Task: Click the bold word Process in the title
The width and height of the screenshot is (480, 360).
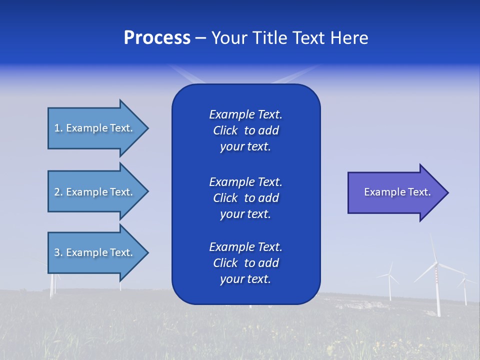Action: (x=157, y=38)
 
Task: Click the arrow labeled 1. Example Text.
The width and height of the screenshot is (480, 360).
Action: (x=95, y=128)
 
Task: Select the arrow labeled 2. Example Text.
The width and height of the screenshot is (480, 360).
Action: (x=95, y=192)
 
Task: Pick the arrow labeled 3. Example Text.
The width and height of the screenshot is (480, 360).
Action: (x=95, y=252)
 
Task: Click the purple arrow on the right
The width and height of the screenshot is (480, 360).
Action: (x=395, y=192)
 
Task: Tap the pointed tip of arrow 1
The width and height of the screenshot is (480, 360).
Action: (x=146, y=128)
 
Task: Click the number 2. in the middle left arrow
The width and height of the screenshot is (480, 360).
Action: (x=58, y=192)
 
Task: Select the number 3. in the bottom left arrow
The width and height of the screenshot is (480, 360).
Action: (x=58, y=252)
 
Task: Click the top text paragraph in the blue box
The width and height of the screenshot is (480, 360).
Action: (x=245, y=130)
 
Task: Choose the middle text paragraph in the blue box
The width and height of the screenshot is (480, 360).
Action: (x=245, y=198)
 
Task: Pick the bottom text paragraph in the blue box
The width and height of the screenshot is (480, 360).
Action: (x=245, y=263)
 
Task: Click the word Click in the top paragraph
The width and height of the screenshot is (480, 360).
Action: (x=225, y=130)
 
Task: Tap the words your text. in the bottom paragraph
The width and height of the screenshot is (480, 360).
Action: (x=245, y=279)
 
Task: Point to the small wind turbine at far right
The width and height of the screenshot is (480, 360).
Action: (x=465, y=290)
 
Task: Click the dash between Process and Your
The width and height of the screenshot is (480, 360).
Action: (x=201, y=38)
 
